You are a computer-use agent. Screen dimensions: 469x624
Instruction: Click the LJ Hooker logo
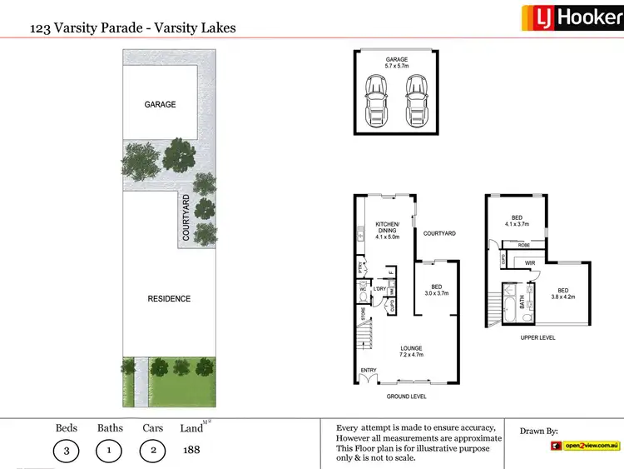(572, 17)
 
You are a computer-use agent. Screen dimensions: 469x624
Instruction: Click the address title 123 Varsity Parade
(132, 27)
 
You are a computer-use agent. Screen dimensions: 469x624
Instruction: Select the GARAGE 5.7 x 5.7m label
(397, 63)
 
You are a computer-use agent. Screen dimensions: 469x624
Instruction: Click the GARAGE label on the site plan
(160, 104)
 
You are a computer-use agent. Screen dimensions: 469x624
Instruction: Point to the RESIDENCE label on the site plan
(169, 298)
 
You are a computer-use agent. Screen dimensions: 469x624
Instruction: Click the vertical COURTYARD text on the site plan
(186, 217)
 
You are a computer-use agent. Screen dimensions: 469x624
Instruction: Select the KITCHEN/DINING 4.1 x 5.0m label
(388, 231)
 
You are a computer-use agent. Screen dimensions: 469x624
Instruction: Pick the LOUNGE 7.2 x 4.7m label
(410, 352)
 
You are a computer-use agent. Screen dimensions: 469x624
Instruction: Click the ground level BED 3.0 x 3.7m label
(437, 290)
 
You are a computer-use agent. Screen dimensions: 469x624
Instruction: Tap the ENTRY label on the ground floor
(368, 371)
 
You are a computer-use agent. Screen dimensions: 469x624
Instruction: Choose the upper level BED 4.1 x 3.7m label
(518, 221)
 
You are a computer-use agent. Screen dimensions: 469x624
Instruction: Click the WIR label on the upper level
(530, 263)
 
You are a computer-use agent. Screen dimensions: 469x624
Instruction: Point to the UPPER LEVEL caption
(537, 337)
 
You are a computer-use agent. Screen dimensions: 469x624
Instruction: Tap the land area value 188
(191, 450)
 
